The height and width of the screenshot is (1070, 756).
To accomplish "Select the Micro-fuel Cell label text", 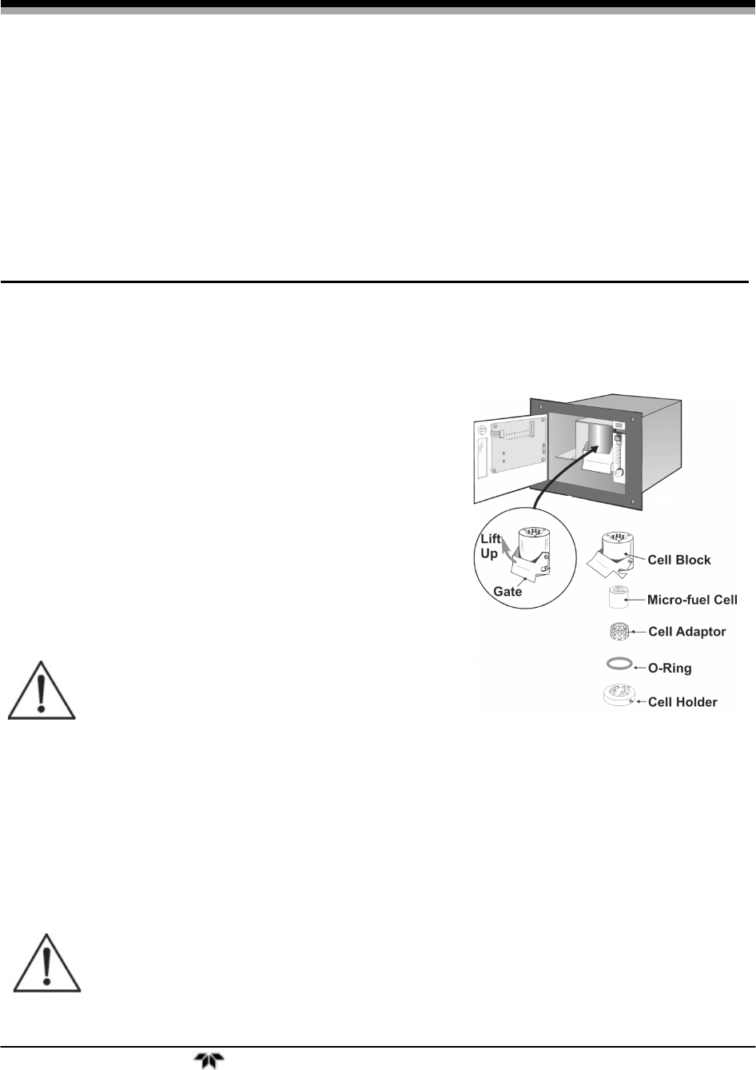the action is tap(693, 599).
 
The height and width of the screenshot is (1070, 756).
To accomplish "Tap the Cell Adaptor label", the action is tap(686, 632).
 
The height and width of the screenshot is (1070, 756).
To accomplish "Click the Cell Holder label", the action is tap(682, 703).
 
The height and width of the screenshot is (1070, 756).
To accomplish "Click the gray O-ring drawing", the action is tap(620, 664).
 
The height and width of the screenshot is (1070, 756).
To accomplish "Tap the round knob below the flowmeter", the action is tap(619, 476).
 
